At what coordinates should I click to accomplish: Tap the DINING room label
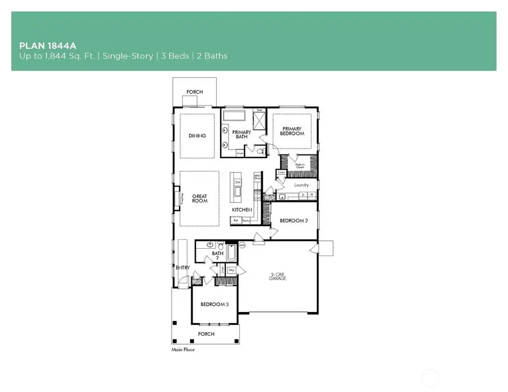coord(197,136)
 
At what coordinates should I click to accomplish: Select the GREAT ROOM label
coord(200,199)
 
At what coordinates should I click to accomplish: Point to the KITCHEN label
coord(242,210)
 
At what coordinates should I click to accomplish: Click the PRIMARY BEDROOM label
coord(293,131)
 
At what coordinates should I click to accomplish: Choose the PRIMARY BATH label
coord(242,135)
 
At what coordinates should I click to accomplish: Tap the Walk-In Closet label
coord(300,166)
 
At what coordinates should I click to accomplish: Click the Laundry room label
coord(300,184)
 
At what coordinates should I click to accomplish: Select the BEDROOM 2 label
coord(294,221)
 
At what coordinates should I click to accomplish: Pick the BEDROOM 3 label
coord(214,305)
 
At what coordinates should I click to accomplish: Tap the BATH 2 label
coord(218,256)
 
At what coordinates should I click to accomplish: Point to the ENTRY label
coord(183,267)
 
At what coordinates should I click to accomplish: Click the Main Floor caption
coord(183,350)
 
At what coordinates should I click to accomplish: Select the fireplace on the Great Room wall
coord(182,199)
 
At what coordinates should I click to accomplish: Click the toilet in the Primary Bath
coord(259,151)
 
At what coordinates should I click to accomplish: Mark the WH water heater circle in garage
coord(243,245)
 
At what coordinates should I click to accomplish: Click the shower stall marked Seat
coord(260,120)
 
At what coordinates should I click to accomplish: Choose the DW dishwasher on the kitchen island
coord(238,183)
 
